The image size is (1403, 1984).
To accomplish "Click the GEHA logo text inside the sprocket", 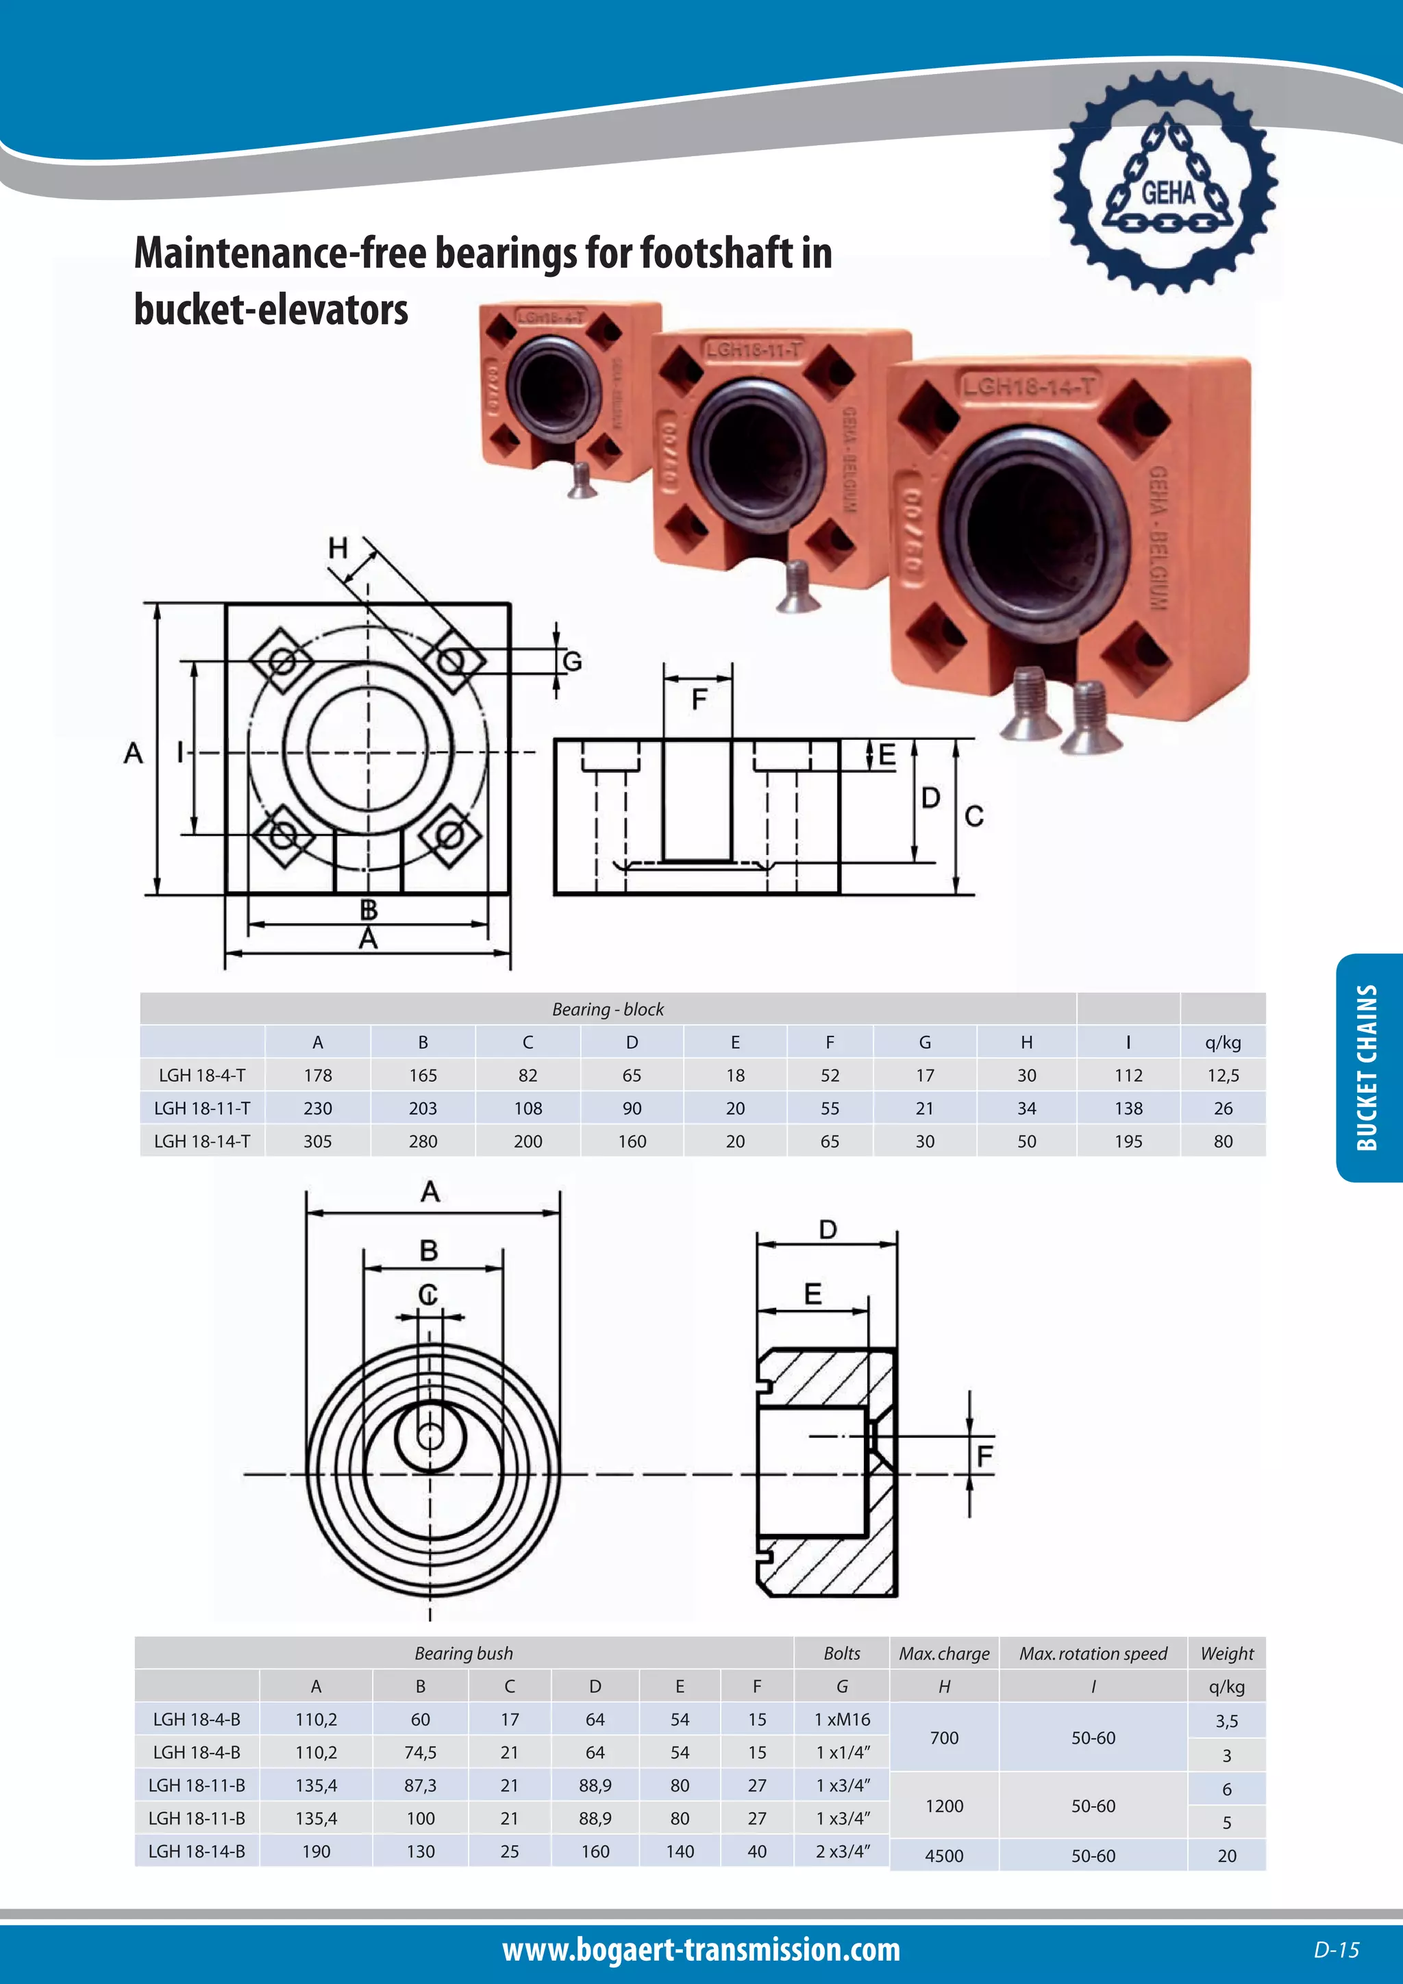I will [1168, 192].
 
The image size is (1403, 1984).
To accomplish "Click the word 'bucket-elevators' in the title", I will [271, 310].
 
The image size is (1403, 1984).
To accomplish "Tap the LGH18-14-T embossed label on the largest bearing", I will [1028, 386].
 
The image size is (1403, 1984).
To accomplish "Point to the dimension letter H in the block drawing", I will [338, 548].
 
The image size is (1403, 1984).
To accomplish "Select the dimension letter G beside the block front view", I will [572, 662].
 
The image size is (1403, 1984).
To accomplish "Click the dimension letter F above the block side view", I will [699, 698].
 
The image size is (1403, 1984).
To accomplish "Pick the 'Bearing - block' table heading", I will [608, 1009].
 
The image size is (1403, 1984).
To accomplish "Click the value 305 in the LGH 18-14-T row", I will [317, 1141].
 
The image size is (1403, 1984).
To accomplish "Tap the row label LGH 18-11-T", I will [202, 1108].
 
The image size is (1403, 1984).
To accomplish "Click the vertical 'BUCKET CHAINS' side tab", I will [1367, 1067].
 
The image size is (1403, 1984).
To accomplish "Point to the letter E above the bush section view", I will [812, 1294].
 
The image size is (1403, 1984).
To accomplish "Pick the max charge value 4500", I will [943, 1856].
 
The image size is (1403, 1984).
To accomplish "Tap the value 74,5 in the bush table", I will [420, 1752].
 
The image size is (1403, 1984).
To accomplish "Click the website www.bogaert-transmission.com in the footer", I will [701, 1950].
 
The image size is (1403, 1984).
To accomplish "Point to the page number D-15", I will [1336, 1950].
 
